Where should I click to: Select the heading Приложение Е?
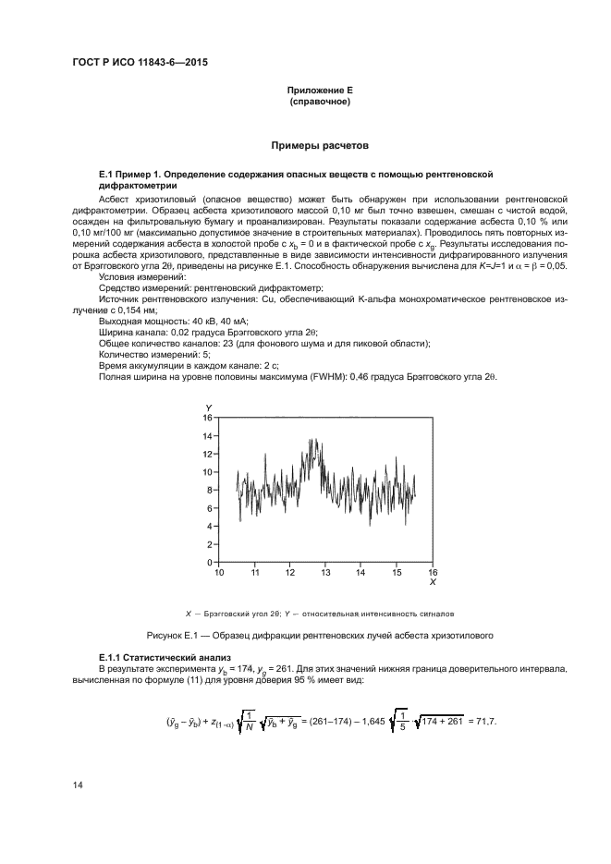(x=320, y=91)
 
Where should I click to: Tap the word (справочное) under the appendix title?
(x=320, y=102)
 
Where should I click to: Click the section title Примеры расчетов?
(x=319, y=146)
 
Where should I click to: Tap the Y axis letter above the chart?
(x=209, y=408)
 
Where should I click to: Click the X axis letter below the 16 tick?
(x=433, y=583)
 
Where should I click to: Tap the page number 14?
(x=77, y=786)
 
